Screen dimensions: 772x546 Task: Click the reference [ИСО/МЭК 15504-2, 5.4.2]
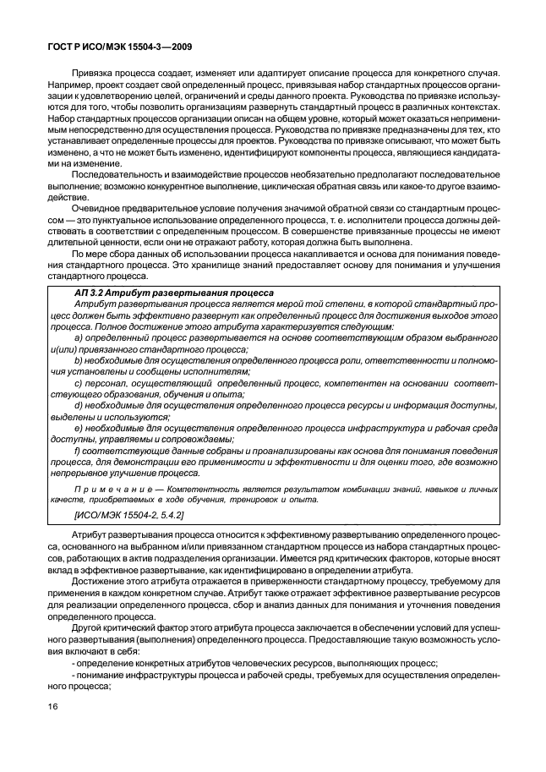129,514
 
